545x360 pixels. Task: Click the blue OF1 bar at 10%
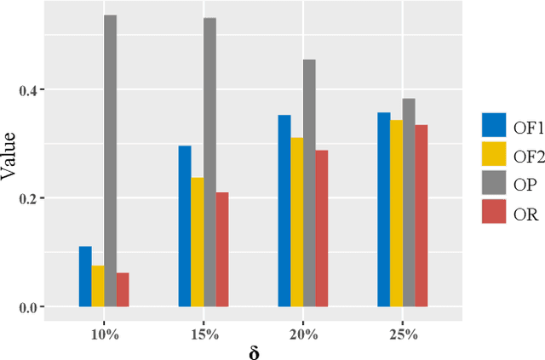click(85, 277)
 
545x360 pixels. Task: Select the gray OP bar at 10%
click(110, 161)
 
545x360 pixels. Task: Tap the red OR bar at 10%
click(123, 289)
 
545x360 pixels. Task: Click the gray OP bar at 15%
click(209, 162)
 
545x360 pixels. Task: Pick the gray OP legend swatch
click(493, 182)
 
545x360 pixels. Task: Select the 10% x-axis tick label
click(104, 334)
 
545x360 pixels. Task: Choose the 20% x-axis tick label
click(303, 334)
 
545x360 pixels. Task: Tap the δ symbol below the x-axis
click(253, 351)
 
